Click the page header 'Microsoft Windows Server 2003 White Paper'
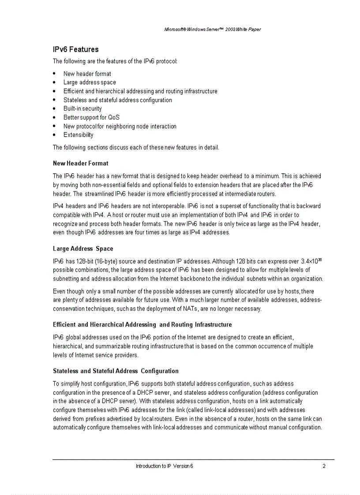pos(212,30)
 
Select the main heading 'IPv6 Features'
pos(75,49)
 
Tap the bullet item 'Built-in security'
pos(82,108)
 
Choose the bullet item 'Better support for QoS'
pos(91,117)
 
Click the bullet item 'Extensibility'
pos(78,135)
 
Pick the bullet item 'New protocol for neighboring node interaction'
pos(120,126)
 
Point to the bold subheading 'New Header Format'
pos(80,164)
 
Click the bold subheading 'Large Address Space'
pos(83,249)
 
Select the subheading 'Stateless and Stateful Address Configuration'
pos(116,371)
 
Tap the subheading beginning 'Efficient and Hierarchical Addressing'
pos(142,325)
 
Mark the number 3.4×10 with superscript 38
pos(311,261)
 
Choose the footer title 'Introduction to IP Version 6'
pos(164,466)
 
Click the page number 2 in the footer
pos(324,466)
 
